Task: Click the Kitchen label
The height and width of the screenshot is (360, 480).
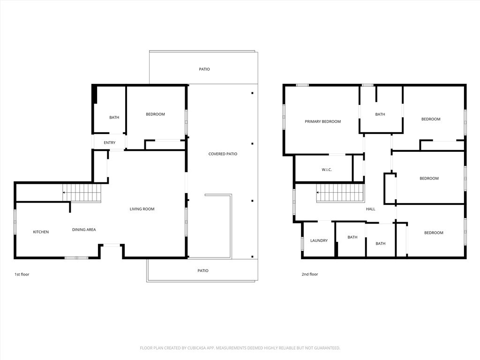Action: [41, 232]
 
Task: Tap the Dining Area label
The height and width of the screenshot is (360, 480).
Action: [84, 230]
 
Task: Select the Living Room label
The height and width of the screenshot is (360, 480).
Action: [142, 209]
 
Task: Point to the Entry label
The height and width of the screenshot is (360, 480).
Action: [110, 142]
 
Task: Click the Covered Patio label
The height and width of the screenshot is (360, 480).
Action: [223, 154]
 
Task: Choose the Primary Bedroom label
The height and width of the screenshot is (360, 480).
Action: [322, 121]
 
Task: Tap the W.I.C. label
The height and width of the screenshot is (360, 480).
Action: [327, 170]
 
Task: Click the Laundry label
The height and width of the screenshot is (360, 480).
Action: [319, 240]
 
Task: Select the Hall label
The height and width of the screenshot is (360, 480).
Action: [370, 209]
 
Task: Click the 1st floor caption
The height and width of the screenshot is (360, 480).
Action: [22, 274]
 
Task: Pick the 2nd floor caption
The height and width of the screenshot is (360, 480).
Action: [310, 274]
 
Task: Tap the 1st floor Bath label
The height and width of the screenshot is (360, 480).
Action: [114, 118]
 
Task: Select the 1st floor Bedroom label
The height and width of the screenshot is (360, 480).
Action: [155, 114]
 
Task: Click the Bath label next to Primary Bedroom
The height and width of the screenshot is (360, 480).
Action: [380, 114]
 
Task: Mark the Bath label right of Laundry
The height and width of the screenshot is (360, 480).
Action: [352, 237]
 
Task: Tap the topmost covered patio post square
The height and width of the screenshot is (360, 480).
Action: [252, 93]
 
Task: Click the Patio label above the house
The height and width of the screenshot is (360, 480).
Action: [204, 69]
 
